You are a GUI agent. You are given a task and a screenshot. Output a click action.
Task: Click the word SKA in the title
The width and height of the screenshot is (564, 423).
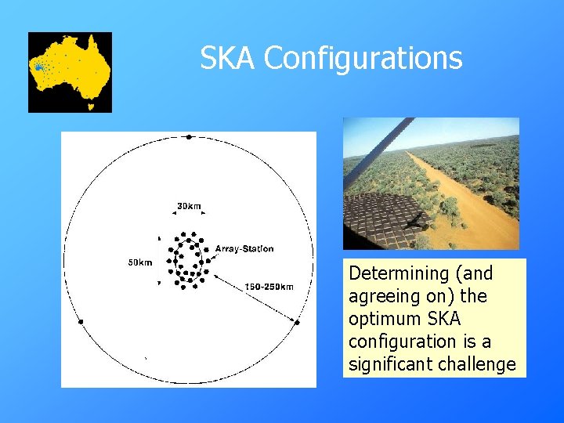[228, 58]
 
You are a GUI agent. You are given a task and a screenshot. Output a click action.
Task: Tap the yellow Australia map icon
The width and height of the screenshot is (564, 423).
[70, 72]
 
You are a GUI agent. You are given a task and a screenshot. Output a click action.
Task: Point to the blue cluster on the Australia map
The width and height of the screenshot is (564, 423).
[38, 68]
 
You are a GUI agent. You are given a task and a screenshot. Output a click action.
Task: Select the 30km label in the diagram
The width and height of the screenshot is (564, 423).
[188, 206]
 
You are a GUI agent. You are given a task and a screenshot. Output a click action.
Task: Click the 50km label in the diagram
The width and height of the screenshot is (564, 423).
[140, 262]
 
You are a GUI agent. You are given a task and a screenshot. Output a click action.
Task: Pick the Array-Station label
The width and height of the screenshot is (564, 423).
[244, 249]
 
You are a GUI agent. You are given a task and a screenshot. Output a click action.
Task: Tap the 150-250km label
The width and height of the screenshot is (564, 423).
[269, 287]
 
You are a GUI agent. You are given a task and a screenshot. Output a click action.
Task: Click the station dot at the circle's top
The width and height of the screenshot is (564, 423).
[189, 137]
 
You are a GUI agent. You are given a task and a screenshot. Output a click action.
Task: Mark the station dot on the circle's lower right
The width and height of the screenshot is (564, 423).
[298, 321]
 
